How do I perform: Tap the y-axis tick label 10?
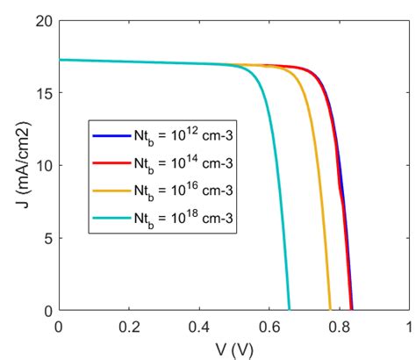pyautogui.click(x=41, y=166)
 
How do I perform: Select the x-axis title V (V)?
pyautogui.click(x=233, y=348)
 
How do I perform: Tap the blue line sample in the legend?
pyautogui.click(x=111, y=136)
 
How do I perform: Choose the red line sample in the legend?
pyautogui.click(x=111, y=162)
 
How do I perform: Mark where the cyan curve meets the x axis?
pyautogui.click(x=289, y=310)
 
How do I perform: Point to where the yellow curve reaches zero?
pyautogui.click(x=330, y=310)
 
